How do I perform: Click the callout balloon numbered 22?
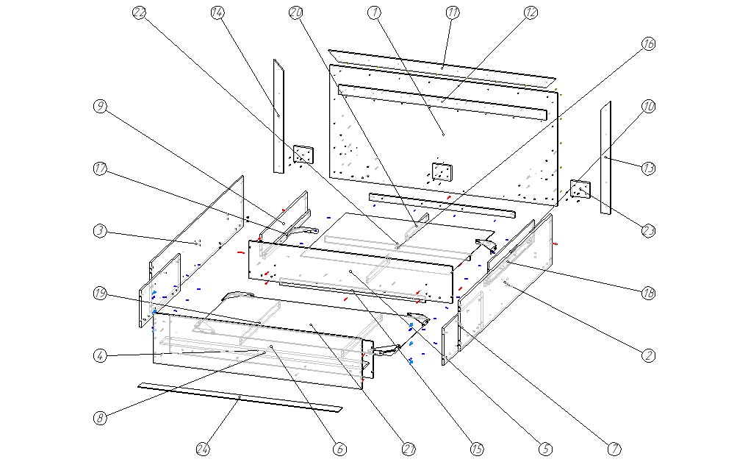tap(140, 13)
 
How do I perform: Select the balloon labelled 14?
tap(217, 13)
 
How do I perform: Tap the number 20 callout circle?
tap(296, 13)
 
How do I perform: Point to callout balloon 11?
tap(453, 13)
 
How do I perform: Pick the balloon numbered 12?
tap(531, 13)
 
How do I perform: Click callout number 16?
tap(648, 44)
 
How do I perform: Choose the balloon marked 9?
tap(101, 107)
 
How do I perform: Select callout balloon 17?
tap(101, 169)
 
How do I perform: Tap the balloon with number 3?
tap(101, 231)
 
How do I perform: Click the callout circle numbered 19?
tap(101, 294)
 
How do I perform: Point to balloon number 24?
tap(203, 448)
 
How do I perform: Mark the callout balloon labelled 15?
tap(476, 448)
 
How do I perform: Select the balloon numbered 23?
tap(648, 231)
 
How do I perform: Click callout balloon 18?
tap(648, 294)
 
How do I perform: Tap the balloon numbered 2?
tap(648, 355)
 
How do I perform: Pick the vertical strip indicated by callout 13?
tap(605, 157)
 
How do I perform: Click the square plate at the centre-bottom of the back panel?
tap(441, 172)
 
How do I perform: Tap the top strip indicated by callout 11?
tap(443, 67)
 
